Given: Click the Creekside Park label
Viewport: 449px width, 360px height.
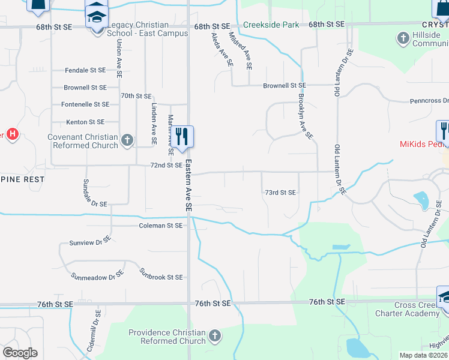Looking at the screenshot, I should point(271,25).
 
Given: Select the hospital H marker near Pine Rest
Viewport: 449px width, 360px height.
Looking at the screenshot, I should point(12,134).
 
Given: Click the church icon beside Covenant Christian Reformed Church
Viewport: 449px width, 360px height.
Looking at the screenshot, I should point(127,140).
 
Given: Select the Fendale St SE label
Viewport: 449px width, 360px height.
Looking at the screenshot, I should point(85,70).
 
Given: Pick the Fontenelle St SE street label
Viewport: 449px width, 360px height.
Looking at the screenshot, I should point(85,104).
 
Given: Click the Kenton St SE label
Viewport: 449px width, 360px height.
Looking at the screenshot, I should point(85,122).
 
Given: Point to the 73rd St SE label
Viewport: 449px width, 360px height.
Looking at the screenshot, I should point(280,193).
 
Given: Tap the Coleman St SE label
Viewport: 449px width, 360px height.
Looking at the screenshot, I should point(160,226).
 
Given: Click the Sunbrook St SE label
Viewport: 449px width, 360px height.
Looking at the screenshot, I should point(161,277).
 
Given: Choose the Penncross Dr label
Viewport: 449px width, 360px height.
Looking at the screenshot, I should point(429,101).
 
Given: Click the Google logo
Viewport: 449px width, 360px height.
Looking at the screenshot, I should point(20,353).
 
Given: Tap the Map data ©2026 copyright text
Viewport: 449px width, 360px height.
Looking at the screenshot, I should point(424,355).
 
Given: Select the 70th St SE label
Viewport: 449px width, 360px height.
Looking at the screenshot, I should point(136,95).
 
